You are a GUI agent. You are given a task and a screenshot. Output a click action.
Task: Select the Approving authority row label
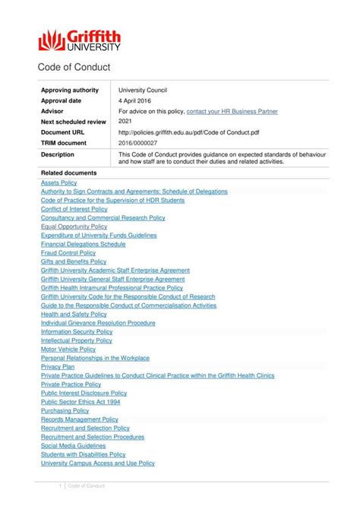point(70,90)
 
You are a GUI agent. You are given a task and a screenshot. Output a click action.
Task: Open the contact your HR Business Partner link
point(232,111)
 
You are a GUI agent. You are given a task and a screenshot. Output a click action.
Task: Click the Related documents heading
point(69,173)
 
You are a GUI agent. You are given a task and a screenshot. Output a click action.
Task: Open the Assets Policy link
point(59,183)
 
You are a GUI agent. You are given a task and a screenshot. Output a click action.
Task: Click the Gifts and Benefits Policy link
point(74,261)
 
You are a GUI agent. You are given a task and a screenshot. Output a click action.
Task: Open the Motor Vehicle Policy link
point(70,349)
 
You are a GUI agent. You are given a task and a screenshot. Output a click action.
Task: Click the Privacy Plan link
point(58,366)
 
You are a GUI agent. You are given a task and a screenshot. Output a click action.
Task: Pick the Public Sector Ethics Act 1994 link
point(81,401)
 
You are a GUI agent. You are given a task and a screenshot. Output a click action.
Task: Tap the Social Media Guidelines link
point(73,445)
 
